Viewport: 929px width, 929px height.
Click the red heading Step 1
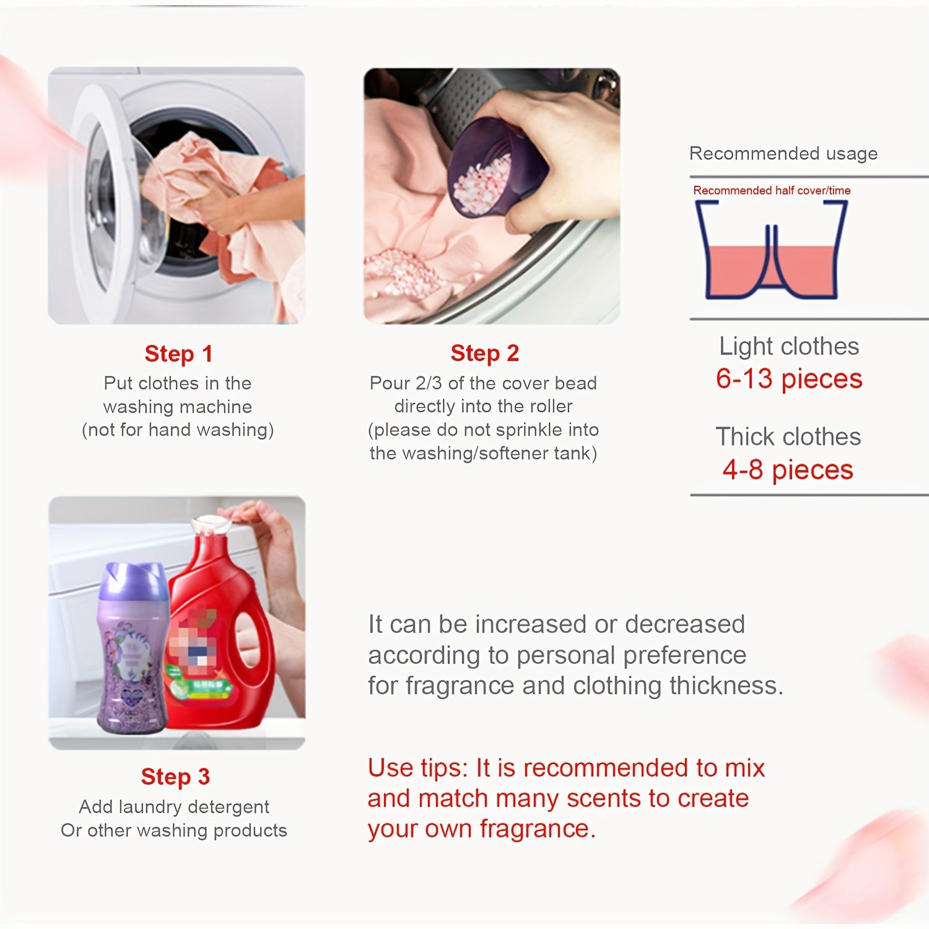(x=178, y=354)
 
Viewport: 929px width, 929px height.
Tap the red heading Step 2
(x=484, y=353)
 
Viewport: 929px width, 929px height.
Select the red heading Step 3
(x=175, y=776)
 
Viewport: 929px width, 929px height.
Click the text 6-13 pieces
(x=789, y=378)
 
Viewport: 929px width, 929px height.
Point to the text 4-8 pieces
(x=788, y=469)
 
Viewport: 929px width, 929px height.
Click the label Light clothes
(x=789, y=346)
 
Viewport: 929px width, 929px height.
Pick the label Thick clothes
(x=788, y=437)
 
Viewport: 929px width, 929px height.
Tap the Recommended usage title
(x=783, y=154)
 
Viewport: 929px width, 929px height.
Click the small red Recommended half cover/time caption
(x=772, y=190)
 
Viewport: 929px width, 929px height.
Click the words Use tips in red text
(x=418, y=769)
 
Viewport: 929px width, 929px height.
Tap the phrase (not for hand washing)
(x=178, y=430)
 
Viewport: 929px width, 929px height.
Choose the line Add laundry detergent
(x=174, y=806)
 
